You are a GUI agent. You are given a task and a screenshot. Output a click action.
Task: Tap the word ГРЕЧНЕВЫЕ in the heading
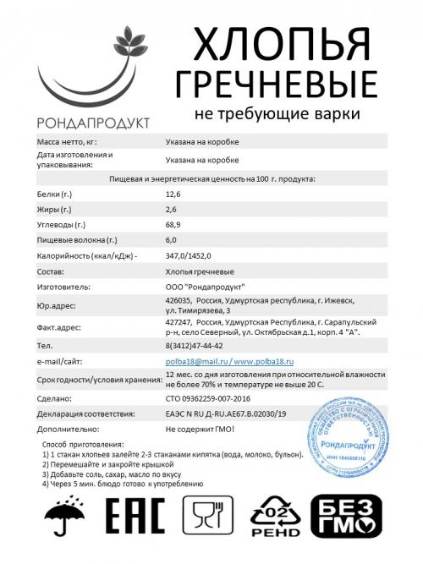275,83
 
